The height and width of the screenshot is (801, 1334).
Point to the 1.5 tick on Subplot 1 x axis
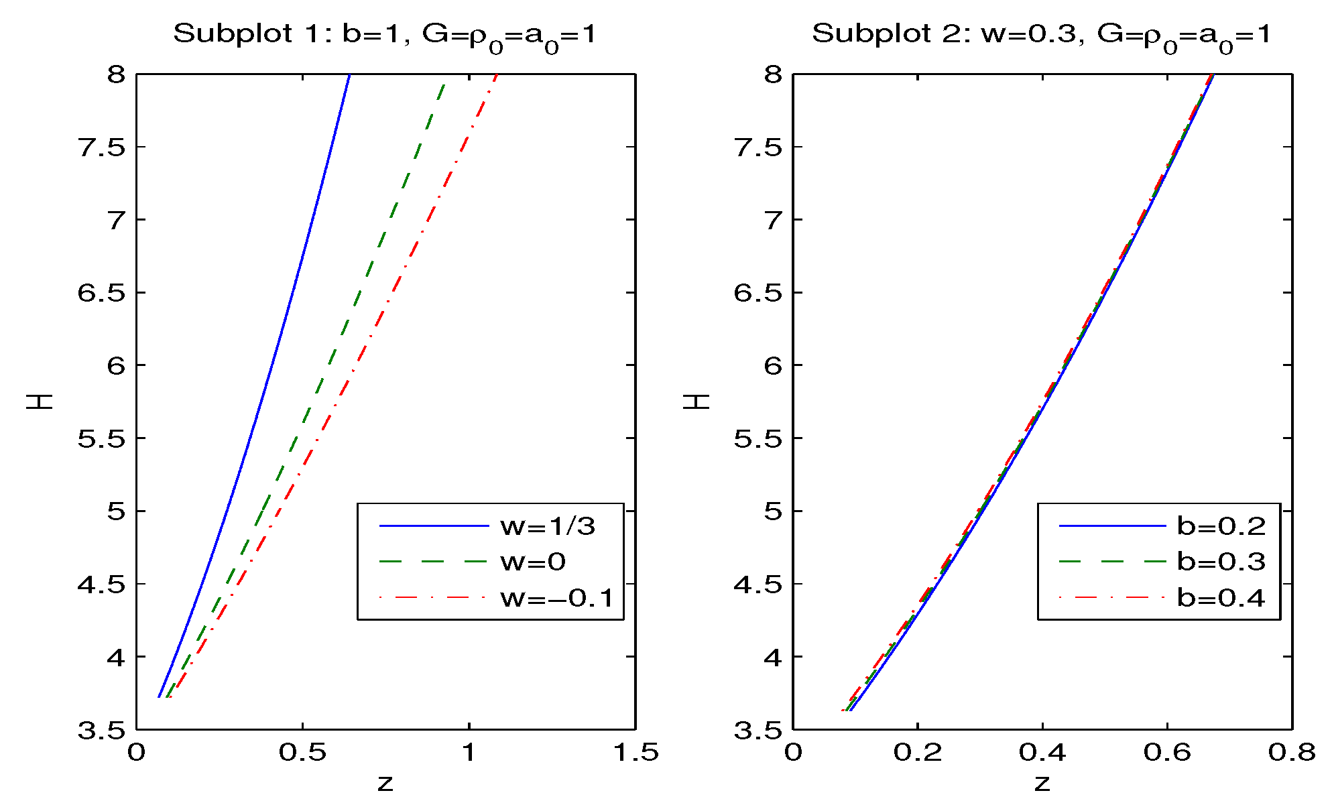pos(635,753)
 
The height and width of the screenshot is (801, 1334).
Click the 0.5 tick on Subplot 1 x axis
pos(302,753)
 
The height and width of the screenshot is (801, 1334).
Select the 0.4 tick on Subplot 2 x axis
pos(1042,753)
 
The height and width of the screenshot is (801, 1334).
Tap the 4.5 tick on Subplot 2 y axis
pos(758,584)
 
